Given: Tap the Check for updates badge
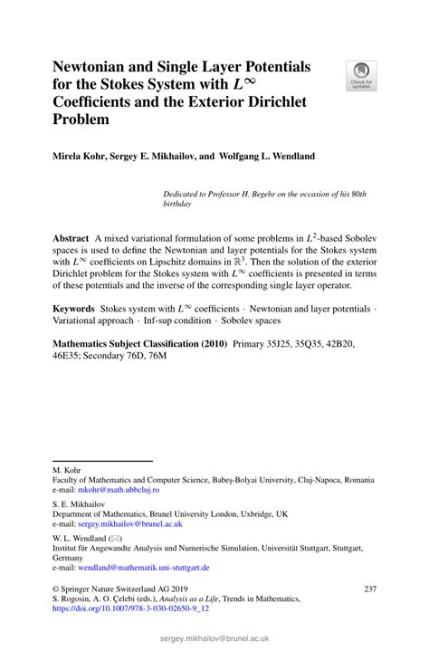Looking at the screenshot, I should tap(362, 76).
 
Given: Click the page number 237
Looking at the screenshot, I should tap(369, 589).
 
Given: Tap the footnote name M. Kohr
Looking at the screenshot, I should tap(65, 468).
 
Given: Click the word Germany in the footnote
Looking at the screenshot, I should tap(70, 557).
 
